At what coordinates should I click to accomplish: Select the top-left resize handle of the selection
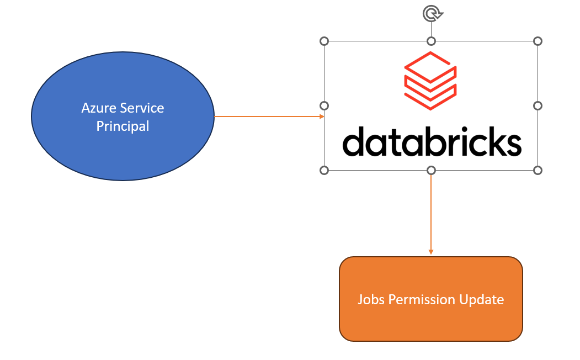pyautogui.click(x=324, y=41)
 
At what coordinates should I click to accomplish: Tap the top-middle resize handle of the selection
pyautogui.click(x=432, y=41)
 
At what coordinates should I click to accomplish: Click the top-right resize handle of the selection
pyautogui.click(x=538, y=41)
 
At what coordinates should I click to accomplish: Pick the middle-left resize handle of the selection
pyautogui.click(x=324, y=105)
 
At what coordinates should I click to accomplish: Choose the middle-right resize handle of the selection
pyautogui.click(x=538, y=105)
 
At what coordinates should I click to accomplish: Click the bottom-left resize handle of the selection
pyautogui.click(x=324, y=170)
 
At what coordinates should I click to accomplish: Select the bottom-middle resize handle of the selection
pyautogui.click(x=432, y=170)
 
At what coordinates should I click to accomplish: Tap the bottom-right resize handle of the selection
pyautogui.click(x=538, y=170)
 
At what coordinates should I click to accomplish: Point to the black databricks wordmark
pyautogui.click(x=432, y=141)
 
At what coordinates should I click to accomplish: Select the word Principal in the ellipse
pyautogui.click(x=123, y=126)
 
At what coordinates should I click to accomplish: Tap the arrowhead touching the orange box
pyautogui.click(x=431, y=252)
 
